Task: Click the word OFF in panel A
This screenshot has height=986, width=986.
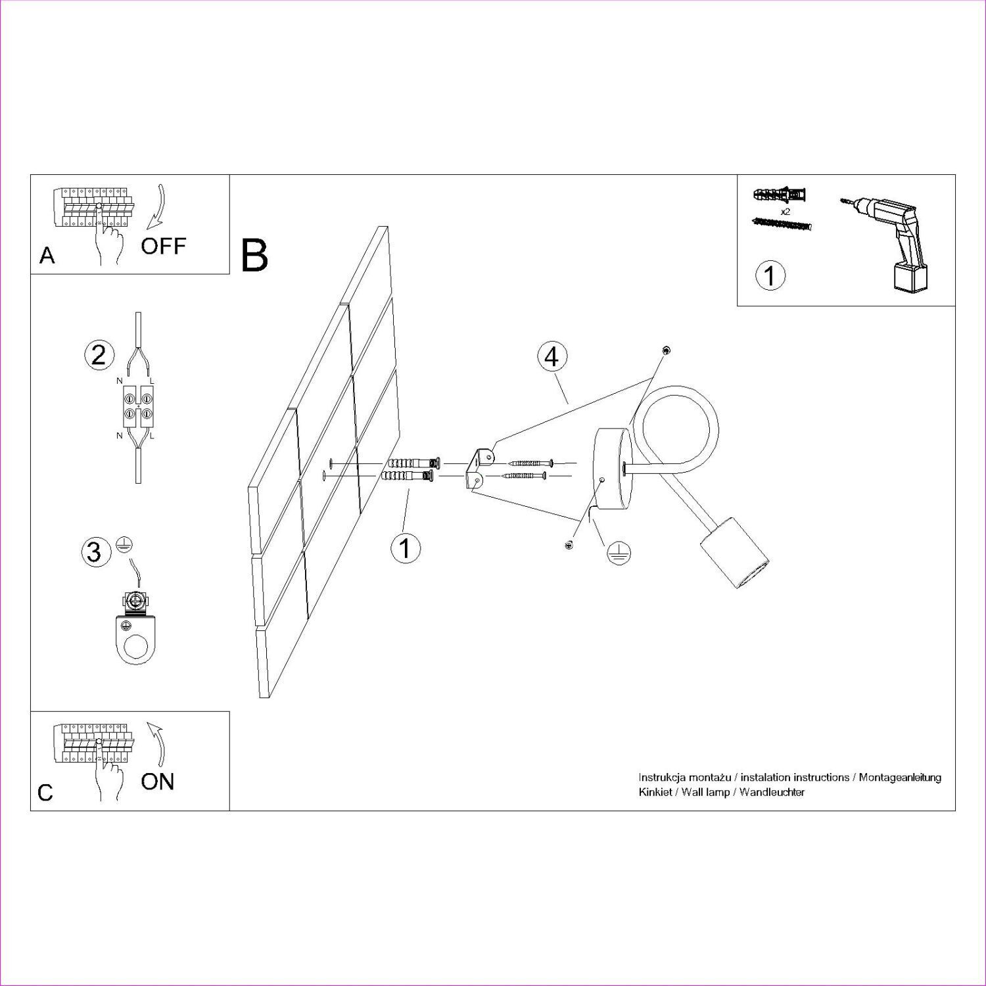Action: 163,246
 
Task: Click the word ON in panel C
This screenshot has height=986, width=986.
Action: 157,782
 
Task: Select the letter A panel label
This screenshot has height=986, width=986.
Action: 47,255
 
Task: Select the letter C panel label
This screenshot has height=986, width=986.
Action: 45,793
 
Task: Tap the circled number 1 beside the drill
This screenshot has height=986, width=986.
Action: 770,275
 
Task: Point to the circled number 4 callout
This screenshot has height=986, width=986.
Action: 552,357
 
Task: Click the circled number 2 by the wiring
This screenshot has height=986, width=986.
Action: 99,355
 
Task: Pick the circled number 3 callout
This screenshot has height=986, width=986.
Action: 95,552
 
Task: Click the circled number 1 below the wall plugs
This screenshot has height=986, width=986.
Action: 405,548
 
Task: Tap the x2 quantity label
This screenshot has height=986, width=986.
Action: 784,212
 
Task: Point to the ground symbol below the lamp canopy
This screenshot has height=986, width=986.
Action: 616,554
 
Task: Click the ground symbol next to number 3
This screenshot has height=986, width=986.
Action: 122,543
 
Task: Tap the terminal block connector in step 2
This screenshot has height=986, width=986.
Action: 139,405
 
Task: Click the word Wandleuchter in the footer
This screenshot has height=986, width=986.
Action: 772,792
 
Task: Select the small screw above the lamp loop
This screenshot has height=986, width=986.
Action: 667,350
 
